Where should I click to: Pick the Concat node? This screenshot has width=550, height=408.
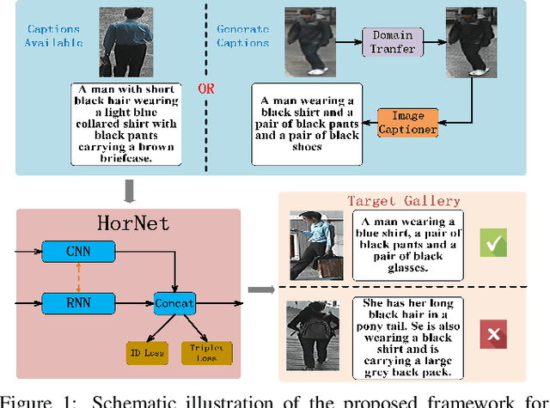click(174, 301)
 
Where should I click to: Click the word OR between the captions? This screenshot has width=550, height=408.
click(206, 89)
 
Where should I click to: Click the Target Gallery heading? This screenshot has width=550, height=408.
click(403, 201)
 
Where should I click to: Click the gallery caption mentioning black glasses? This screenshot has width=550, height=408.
click(406, 243)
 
